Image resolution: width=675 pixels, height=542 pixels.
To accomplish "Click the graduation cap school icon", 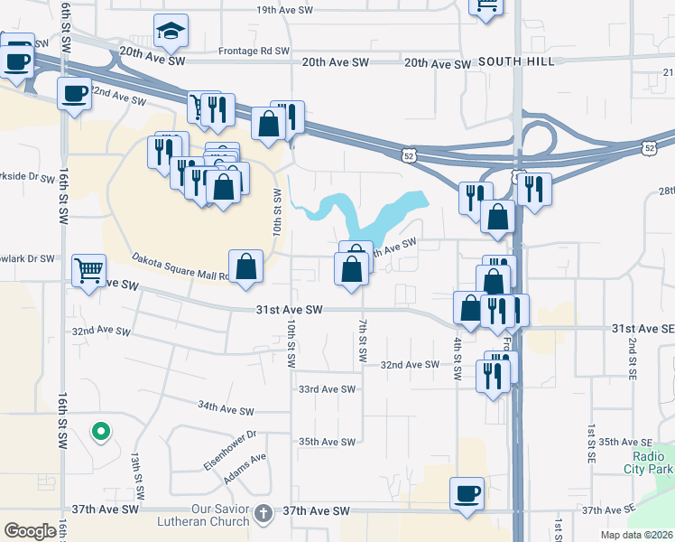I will (x=170, y=32).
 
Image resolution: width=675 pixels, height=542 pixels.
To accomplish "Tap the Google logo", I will (x=31, y=531).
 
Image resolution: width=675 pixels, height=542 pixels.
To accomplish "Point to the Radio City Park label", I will (x=647, y=463).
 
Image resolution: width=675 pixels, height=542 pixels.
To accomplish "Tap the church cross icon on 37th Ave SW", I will (x=263, y=512).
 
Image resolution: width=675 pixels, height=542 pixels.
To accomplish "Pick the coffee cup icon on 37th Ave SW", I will (x=467, y=494).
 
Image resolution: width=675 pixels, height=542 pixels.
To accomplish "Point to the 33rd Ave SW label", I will (x=328, y=389).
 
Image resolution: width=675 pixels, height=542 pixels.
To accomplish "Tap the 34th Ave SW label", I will (x=226, y=408).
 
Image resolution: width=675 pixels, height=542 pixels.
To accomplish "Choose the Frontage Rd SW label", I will (x=254, y=51).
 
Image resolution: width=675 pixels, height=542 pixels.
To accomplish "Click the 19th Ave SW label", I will (x=284, y=10).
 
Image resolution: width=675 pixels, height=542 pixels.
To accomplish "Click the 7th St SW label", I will (x=361, y=341).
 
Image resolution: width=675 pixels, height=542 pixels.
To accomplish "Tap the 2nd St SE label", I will (x=633, y=356).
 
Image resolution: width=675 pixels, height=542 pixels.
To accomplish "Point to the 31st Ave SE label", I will (x=643, y=329).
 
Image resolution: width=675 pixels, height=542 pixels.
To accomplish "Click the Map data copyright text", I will (x=636, y=535).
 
